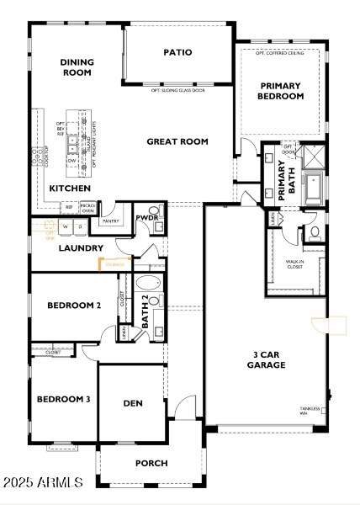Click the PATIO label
click(177, 52)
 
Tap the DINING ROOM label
click(77, 67)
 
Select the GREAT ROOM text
click(177, 141)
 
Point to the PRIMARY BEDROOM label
click(281, 91)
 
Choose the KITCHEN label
click(70, 189)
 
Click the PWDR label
click(147, 217)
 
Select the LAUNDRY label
click(80, 248)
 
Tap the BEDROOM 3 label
click(63, 399)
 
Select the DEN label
click(133, 403)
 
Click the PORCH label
click(151, 463)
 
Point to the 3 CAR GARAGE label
click(266, 359)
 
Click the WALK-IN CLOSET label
click(295, 265)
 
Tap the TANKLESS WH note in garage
click(311, 411)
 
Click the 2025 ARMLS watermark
click(43, 483)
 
